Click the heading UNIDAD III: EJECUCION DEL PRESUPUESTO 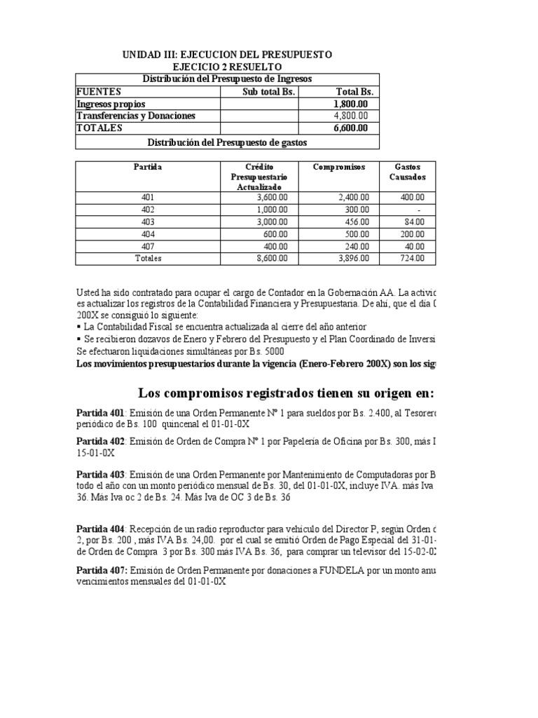[228, 55]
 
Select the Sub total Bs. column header [260, 91]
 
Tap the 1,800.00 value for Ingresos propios [355, 104]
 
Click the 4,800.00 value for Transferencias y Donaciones [355, 116]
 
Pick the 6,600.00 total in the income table [355, 128]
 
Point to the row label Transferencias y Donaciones [136, 116]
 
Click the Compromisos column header [339, 167]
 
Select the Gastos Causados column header [407, 172]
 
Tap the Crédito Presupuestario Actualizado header [258, 177]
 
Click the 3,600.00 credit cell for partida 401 [271, 198]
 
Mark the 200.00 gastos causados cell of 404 [413, 234]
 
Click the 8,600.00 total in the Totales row [271, 258]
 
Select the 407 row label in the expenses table [148, 246]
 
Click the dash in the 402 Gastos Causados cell [418, 210]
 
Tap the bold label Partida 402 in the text [100, 441]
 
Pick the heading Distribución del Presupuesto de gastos [227, 142]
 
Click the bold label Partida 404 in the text [100, 528]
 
